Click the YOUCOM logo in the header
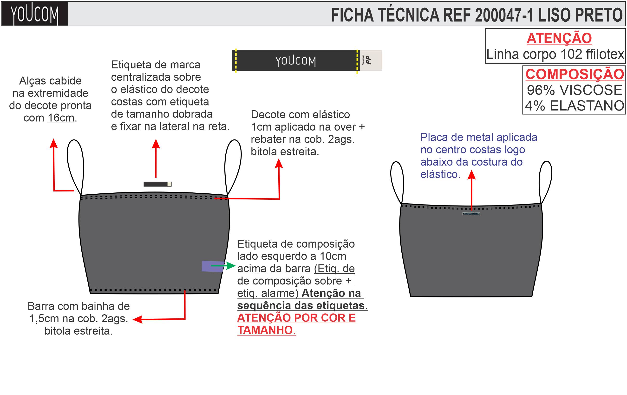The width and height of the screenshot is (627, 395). [34, 14]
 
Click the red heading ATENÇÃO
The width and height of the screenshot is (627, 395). [559, 38]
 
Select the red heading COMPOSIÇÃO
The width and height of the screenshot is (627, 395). [575, 74]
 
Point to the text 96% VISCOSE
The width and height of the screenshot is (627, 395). [575, 90]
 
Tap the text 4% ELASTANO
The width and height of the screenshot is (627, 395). [575, 106]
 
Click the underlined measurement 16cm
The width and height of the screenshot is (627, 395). [61, 118]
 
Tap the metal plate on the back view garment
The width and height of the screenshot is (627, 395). [471, 213]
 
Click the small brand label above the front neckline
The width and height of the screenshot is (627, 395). [157, 184]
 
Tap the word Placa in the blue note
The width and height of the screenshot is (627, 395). [432, 138]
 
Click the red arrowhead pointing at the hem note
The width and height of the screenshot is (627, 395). [138, 319]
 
